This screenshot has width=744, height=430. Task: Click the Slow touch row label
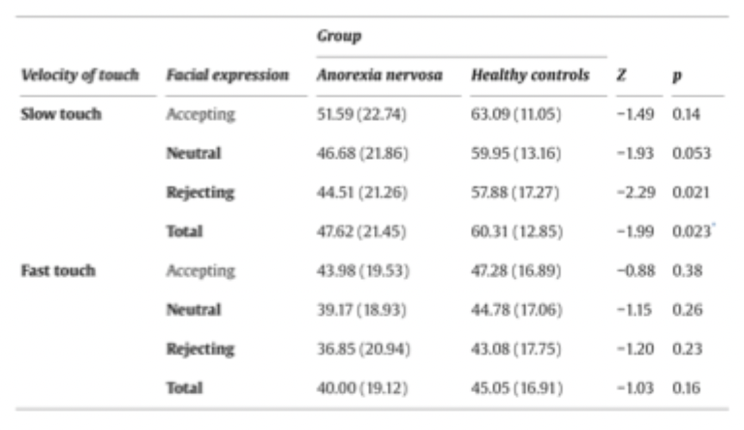tap(60, 114)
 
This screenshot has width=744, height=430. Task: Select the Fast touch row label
tap(59, 271)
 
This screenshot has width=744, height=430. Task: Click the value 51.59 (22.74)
tap(363, 114)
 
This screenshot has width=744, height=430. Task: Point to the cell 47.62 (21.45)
tap(363, 231)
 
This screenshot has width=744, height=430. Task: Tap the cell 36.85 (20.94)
tap(363, 349)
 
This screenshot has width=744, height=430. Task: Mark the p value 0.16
tap(687, 387)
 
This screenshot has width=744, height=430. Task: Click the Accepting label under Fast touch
tap(201, 271)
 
